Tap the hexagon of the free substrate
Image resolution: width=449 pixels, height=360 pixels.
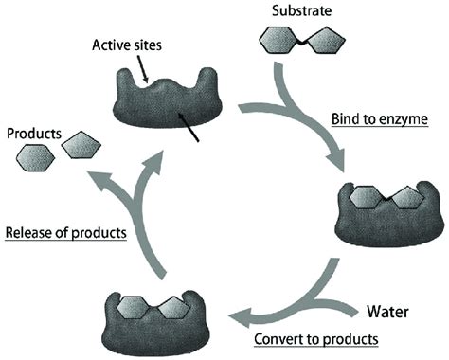coord(280,42)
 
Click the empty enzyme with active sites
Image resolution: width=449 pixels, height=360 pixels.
coord(158,105)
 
